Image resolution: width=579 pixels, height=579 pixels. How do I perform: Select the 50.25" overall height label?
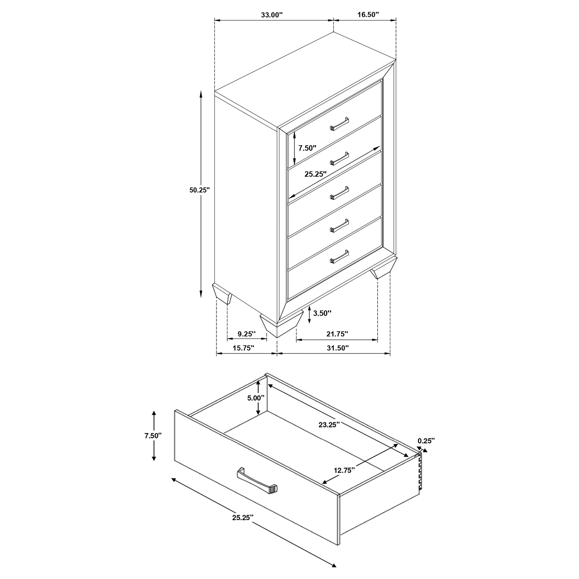(199, 190)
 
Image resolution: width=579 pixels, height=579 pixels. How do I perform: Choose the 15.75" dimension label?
(243, 348)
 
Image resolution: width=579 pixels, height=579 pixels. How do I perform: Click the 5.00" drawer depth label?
(256, 398)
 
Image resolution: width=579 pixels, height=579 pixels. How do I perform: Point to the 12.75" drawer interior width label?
(344, 470)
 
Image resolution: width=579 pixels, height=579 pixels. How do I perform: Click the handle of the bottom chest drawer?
(339, 257)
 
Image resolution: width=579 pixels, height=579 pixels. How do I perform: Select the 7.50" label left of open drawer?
(153, 435)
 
